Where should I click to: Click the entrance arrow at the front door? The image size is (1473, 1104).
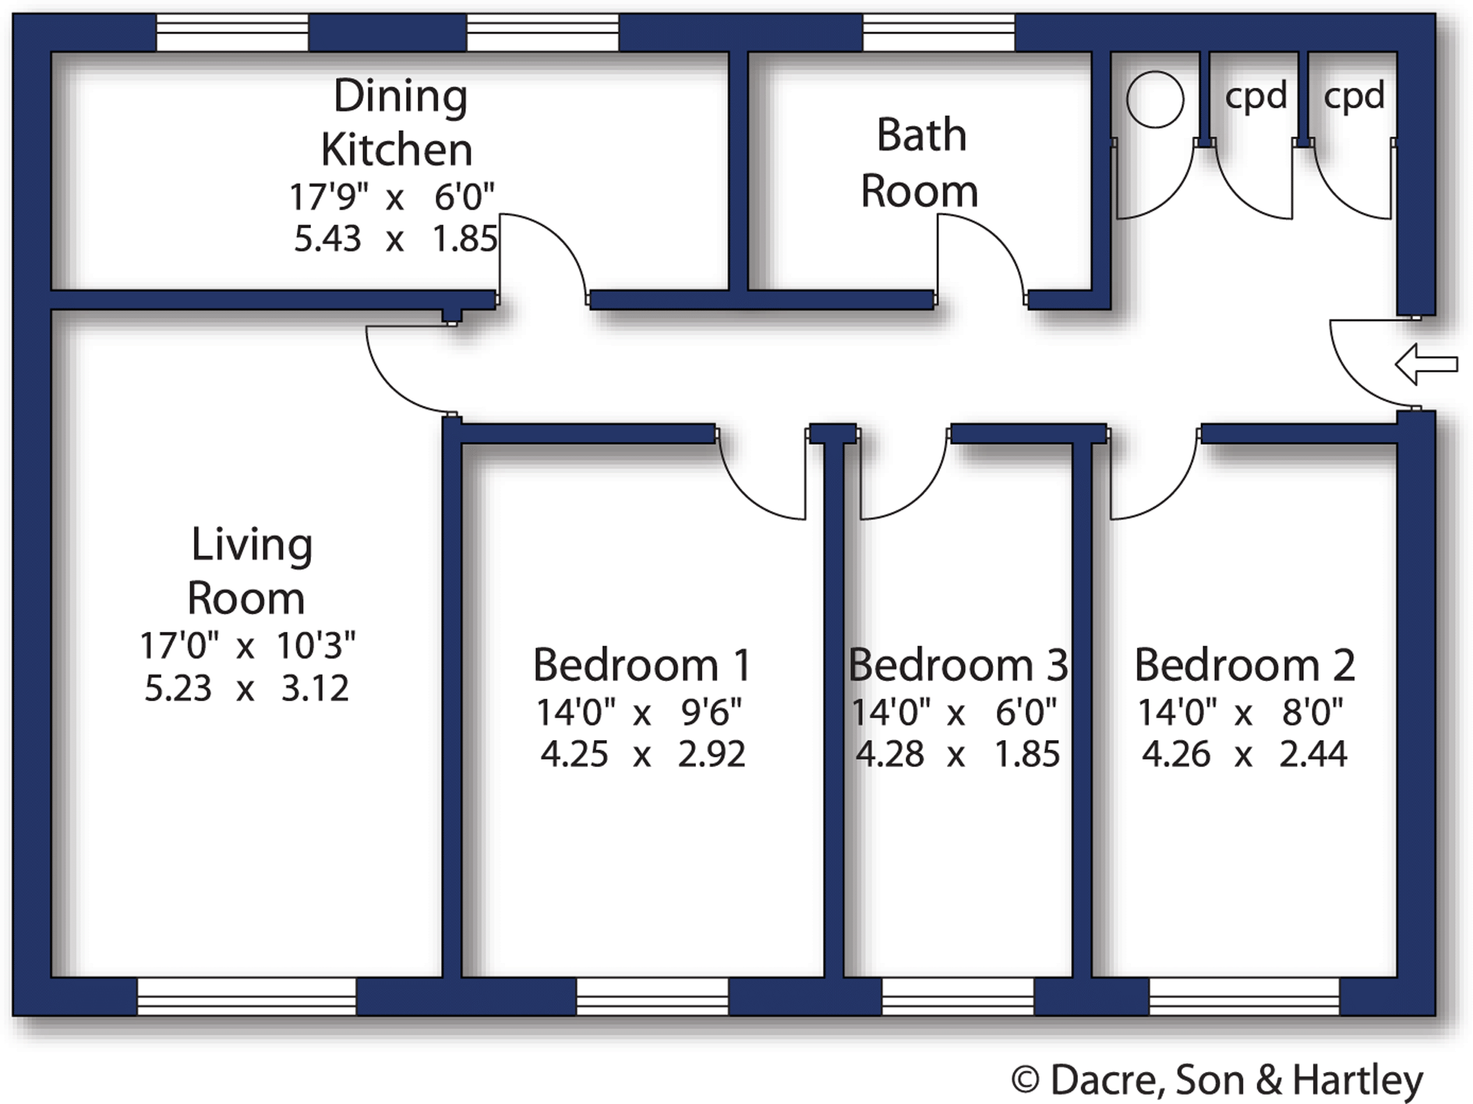(x=1426, y=364)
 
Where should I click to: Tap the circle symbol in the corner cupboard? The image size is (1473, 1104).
(x=1155, y=99)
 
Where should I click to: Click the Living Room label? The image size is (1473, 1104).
(x=249, y=570)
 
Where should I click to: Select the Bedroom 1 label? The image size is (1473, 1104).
(x=641, y=665)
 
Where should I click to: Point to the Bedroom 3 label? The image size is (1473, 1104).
(x=958, y=665)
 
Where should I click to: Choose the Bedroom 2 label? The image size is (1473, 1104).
(x=1245, y=665)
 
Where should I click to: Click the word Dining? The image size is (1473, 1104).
(x=401, y=97)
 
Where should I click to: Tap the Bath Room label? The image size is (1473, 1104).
(x=920, y=163)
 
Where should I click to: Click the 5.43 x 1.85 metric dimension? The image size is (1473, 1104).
(x=395, y=238)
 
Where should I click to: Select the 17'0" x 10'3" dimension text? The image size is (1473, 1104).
(x=248, y=645)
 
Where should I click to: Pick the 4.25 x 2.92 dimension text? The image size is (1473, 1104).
(x=643, y=754)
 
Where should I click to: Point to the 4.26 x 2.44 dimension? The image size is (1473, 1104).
(x=1245, y=754)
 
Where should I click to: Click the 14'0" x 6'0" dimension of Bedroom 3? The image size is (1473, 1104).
(x=954, y=712)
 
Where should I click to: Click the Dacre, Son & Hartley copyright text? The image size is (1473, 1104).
(x=1217, y=1080)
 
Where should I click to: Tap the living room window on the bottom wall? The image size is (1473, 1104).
(x=246, y=996)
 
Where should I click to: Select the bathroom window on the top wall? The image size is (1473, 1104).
(x=938, y=34)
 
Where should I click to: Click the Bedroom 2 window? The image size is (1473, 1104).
(x=1244, y=996)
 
